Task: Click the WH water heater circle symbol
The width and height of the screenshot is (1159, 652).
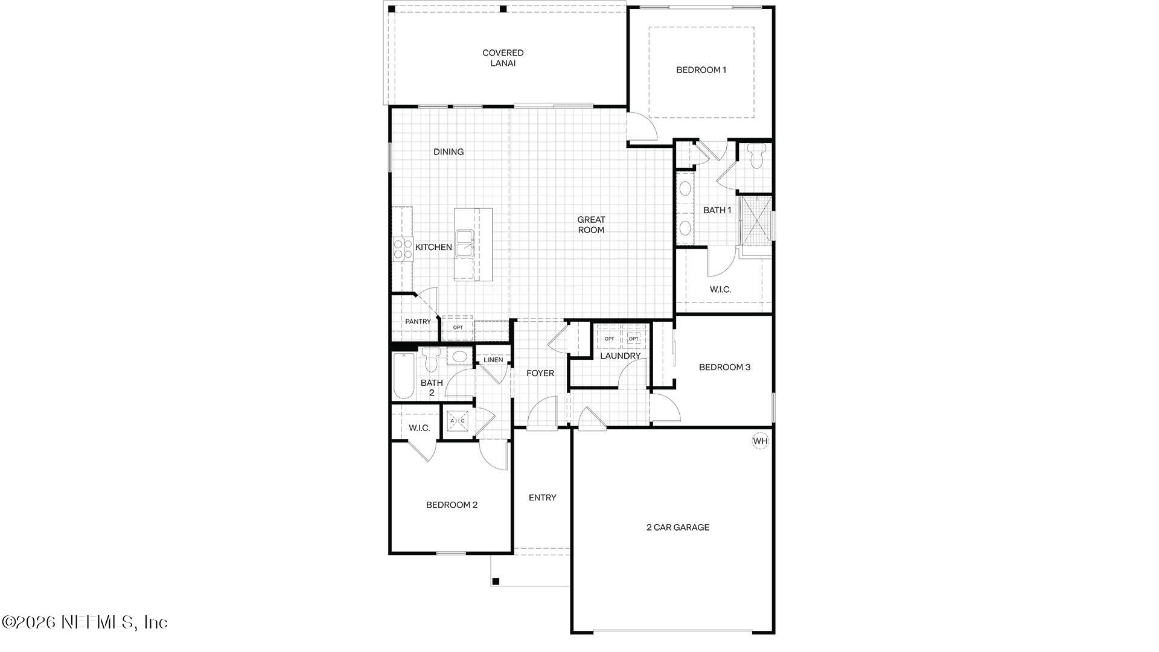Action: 760,441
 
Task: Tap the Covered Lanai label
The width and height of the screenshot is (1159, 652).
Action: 503,58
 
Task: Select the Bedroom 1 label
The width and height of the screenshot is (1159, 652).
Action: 701,70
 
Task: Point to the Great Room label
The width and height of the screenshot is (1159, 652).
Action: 591,225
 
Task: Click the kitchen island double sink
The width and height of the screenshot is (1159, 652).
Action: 464,243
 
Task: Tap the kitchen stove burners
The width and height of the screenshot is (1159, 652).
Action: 403,249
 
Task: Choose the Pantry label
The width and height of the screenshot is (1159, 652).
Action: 418,322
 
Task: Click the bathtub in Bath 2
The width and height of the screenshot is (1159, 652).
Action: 403,376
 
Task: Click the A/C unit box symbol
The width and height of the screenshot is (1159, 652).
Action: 458,420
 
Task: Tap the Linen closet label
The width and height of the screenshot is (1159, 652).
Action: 493,360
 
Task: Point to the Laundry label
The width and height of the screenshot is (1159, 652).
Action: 620,356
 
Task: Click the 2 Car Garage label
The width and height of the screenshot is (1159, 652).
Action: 678,527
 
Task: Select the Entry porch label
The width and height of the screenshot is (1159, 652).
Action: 542,497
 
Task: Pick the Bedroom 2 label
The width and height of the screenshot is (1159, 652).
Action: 452,505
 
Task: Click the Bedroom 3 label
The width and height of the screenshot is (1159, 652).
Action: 724,367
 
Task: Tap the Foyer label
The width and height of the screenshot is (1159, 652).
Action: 540,373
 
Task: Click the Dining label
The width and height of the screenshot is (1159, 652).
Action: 449,152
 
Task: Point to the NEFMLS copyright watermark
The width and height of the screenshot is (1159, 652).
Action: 85,622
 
